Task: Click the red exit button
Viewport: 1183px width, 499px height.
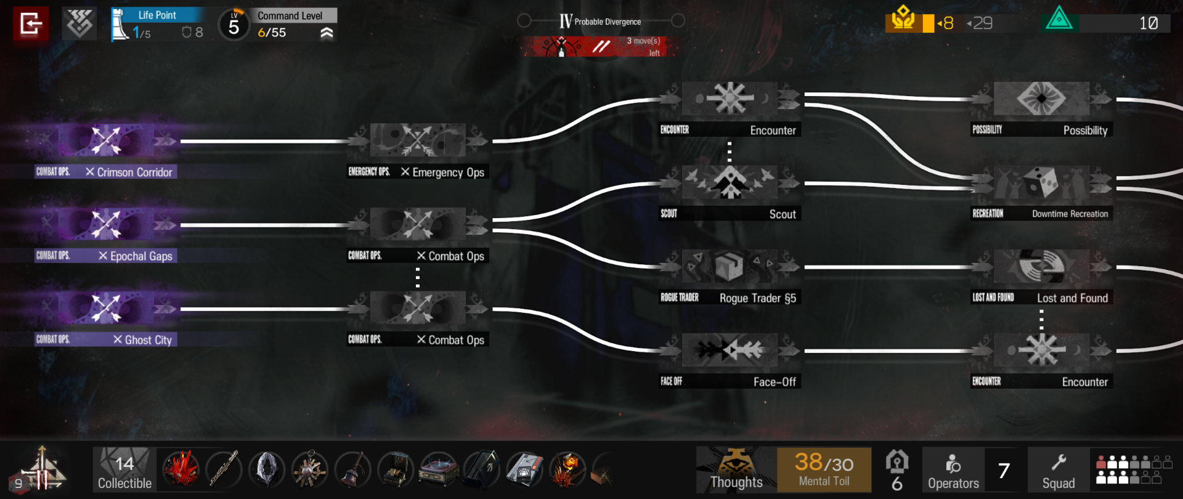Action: (x=31, y=24)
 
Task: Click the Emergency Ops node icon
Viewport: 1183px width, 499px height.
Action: (x=418, y=140)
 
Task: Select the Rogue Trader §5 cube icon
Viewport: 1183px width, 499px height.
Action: (x=729, y=266)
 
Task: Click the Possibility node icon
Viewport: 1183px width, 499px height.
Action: (x=1041, y=99)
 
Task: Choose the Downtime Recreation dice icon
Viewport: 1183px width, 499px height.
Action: (x=1041, y=182)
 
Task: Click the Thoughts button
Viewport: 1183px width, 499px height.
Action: (x=736, y=469)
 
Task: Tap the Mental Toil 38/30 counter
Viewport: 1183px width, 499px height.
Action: (x=824, y=469)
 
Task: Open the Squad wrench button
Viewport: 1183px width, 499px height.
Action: (x=1059, y=469)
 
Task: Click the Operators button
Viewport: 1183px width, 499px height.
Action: (x=953, y=469)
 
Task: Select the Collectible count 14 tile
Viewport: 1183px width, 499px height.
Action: (x=124, y=469)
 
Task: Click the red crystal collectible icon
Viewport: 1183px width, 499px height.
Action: (x=181, y=469)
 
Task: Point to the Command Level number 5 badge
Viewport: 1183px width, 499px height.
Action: (x=234, y=25)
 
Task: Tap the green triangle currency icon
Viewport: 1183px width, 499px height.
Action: (x=1059, y=18)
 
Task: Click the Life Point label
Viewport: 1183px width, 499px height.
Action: (x=157, y=15)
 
